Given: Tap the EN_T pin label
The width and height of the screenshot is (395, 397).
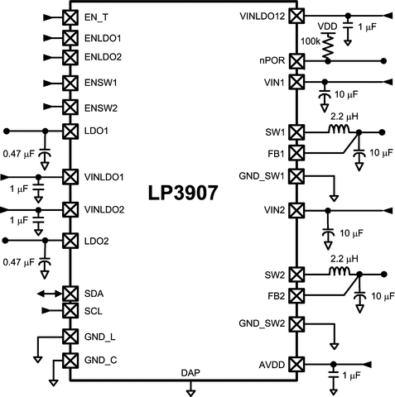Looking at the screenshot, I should click(99, 17).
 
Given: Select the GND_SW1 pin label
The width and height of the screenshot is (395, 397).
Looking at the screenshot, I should click(262, 175).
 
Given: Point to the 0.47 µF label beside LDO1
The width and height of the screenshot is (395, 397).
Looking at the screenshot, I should click(19, 154).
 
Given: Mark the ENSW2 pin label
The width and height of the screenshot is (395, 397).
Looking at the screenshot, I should click(102, 108).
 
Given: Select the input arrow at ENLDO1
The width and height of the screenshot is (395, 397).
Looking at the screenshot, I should click(46, 38).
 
